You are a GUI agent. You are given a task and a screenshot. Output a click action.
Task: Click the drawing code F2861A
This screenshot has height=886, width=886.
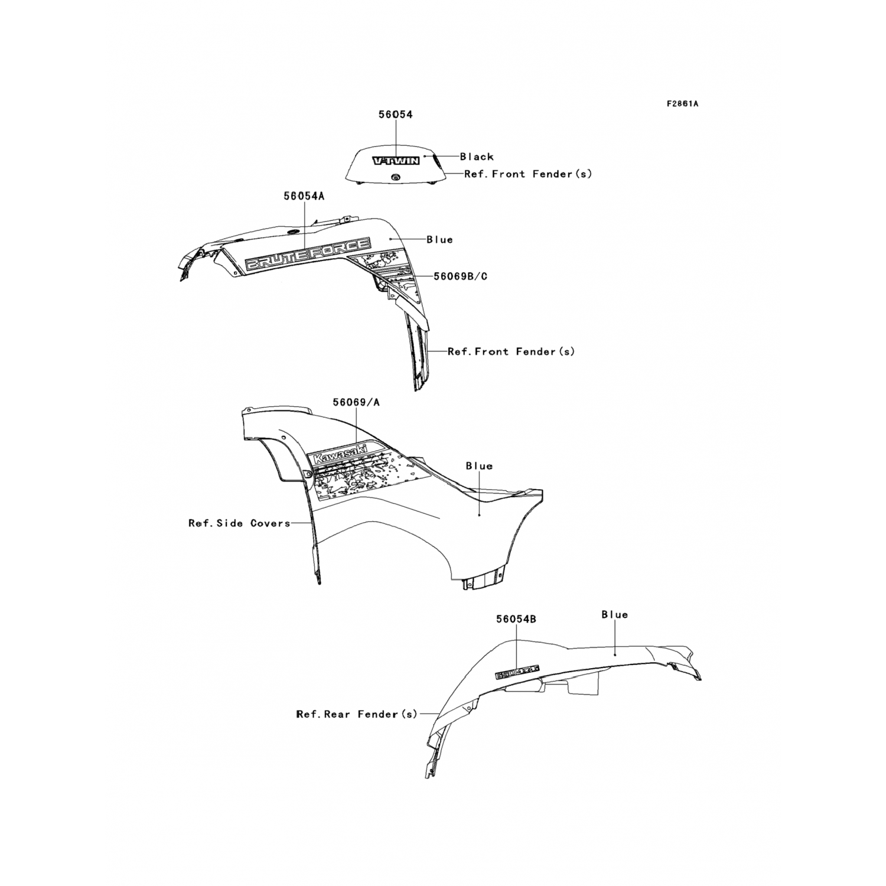point(682,104)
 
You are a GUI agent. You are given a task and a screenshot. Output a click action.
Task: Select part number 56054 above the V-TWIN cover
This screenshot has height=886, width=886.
point(395,115)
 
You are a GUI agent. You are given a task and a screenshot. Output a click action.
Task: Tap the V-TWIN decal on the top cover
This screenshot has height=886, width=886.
point(395,161)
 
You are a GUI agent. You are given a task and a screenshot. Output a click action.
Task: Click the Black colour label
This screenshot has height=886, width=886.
point(477,157)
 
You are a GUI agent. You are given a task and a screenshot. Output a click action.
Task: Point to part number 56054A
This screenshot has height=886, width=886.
point(304,196)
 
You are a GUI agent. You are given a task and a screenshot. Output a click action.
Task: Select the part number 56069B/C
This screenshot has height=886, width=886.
point(460,276)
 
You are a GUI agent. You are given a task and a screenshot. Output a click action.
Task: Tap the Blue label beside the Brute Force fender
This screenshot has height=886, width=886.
point(439,240)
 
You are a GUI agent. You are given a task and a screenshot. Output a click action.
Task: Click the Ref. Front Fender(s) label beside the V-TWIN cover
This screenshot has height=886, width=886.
point(527,174)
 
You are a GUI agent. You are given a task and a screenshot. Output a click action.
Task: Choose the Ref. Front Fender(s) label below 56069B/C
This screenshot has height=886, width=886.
point(511,351)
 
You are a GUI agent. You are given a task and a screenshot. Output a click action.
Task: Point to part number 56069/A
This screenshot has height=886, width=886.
point(356,402)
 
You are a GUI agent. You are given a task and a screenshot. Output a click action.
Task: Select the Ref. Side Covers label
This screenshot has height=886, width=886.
point(239,523)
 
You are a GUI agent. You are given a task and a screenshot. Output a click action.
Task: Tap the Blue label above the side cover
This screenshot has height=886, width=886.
point(478,466)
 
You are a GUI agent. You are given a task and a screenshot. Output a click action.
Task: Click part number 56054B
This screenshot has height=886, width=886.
point(516,619)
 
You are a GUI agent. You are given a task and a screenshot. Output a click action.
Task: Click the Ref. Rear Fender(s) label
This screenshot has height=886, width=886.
point(356,714)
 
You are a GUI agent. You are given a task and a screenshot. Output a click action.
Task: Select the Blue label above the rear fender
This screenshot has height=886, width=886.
point(614,615)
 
